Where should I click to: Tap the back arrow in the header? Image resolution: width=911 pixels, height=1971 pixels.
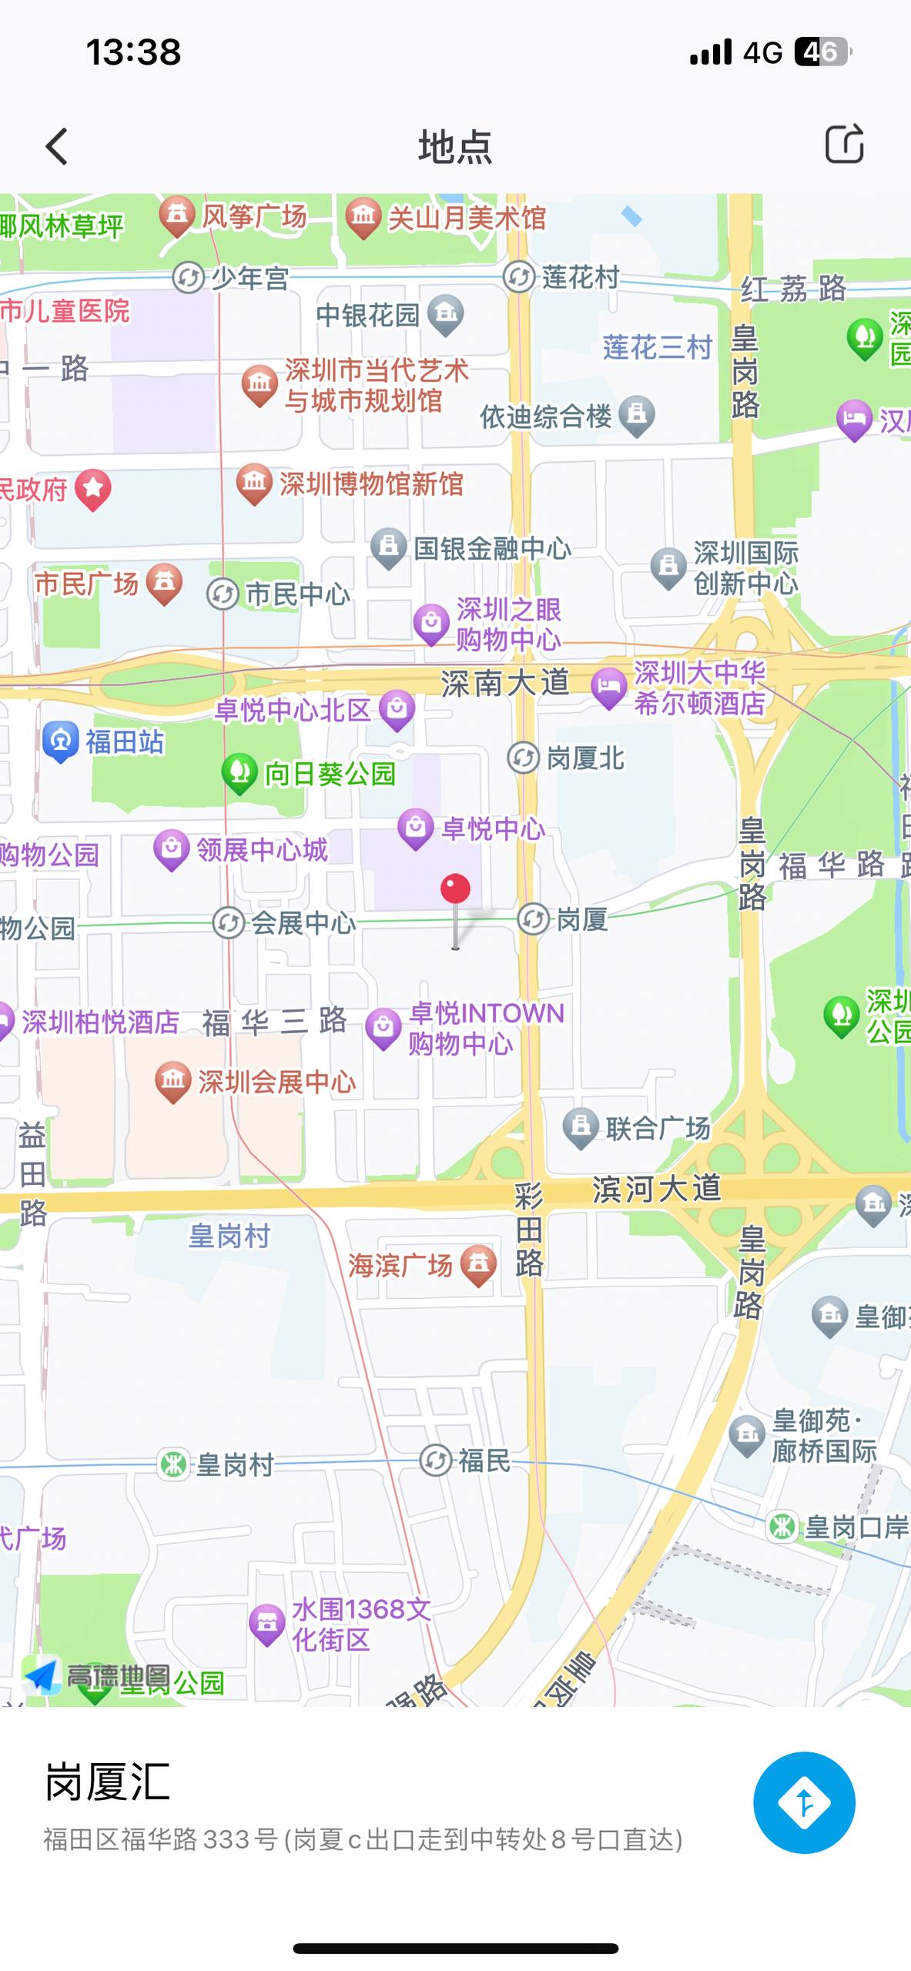point(57,146)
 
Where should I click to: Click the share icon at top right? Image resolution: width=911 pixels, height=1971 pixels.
point(844,144)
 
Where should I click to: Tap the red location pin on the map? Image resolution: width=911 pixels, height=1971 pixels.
point(455,890)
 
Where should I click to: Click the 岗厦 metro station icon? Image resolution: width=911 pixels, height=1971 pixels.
point(533,919)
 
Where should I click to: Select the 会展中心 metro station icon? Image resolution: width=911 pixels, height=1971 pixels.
point(229,923)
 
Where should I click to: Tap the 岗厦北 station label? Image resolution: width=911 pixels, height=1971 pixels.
point(585,758)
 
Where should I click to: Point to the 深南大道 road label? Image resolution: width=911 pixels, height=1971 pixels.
point(505,683)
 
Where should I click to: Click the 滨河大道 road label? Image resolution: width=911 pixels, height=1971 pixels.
point(656,1189)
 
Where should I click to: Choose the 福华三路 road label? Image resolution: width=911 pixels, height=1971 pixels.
point(274,1022)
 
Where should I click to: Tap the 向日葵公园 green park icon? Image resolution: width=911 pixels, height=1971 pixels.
point(239,771)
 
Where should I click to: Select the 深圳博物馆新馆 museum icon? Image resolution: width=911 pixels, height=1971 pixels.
point(254,483)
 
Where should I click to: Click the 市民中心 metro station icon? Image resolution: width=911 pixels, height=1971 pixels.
point(223,594)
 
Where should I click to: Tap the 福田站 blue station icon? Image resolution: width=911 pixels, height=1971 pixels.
point(61,741)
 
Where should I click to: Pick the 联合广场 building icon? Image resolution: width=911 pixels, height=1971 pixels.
point(581,1127)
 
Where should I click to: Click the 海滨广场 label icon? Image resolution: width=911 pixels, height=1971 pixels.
point(478,1263)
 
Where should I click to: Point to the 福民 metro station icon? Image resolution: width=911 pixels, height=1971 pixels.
point(436,1460)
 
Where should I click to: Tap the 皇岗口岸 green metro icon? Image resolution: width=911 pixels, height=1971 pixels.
point(783,1526)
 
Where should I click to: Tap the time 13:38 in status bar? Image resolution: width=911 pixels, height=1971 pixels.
point(133,52)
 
